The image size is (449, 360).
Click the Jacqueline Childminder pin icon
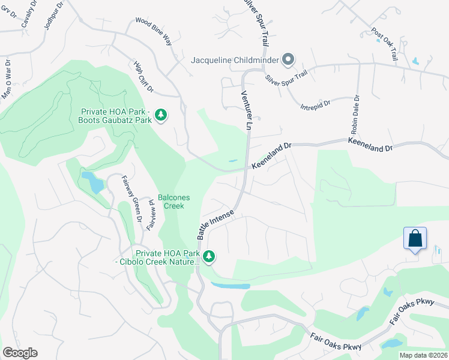(288, 59)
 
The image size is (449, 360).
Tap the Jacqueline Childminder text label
(235, 60)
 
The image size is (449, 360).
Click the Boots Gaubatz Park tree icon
(160, 114)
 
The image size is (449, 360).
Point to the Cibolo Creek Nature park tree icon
(209, 257)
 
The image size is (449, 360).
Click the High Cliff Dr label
(142, 79)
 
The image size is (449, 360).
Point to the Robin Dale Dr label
(352, 114)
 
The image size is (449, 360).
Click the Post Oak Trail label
(385, 43)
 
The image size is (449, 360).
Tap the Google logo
(20, 353)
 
